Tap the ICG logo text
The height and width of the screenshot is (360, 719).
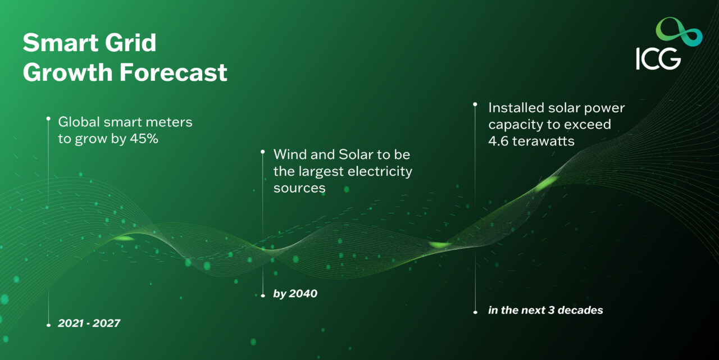point(658,58)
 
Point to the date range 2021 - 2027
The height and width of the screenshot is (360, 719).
point(89,323)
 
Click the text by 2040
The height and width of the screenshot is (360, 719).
point(295,294)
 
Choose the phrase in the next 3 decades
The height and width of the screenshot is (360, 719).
point(545,310)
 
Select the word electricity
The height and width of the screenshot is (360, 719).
point(379,171)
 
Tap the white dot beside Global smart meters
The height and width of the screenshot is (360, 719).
point(48,119)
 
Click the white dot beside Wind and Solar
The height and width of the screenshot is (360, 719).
point(263,152)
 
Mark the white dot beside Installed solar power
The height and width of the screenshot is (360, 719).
point(475,104)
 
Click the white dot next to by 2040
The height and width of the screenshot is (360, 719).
point(263,295)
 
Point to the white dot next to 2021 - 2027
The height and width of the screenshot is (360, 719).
point(48,325)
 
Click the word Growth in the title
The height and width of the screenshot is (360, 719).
point(63,72)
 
